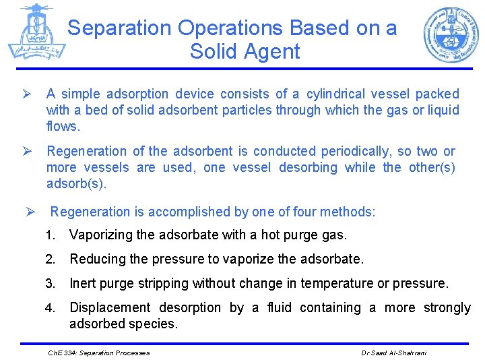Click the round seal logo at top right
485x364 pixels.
(x=451, y=34)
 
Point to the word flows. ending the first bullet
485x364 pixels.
(x=63, y=126)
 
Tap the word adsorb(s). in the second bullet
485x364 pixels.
(x=77, y=183)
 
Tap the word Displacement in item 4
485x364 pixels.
(x=111, y=307)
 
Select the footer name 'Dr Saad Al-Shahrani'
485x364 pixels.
(x=393, y=352)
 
